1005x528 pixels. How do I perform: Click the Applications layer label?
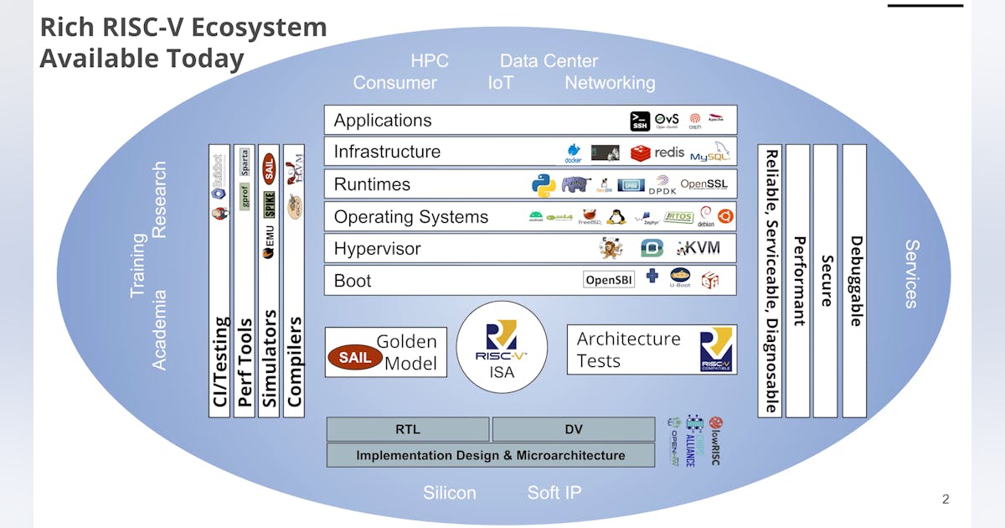click(383, 121)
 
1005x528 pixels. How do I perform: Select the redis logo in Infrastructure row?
click(658, 153)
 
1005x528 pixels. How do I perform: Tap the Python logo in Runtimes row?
click(544, 185)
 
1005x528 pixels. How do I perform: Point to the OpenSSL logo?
click(703, 184)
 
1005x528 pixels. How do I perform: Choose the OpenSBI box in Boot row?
click(609, 280)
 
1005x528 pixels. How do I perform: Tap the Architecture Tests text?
click(628, 349)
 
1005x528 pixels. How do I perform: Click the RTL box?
click(408, 430)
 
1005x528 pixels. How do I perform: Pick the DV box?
click(574, 430)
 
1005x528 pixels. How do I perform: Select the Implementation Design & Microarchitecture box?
click(491, 455)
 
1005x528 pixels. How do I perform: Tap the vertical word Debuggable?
click(855, 281)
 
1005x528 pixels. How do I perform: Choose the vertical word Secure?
click(826, 281)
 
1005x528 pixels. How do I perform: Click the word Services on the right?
click(912, 274)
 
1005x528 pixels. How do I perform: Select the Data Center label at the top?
click(549, 61)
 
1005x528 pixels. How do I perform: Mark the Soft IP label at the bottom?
click(554, 493)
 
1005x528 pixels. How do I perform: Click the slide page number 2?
click(946, 500)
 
